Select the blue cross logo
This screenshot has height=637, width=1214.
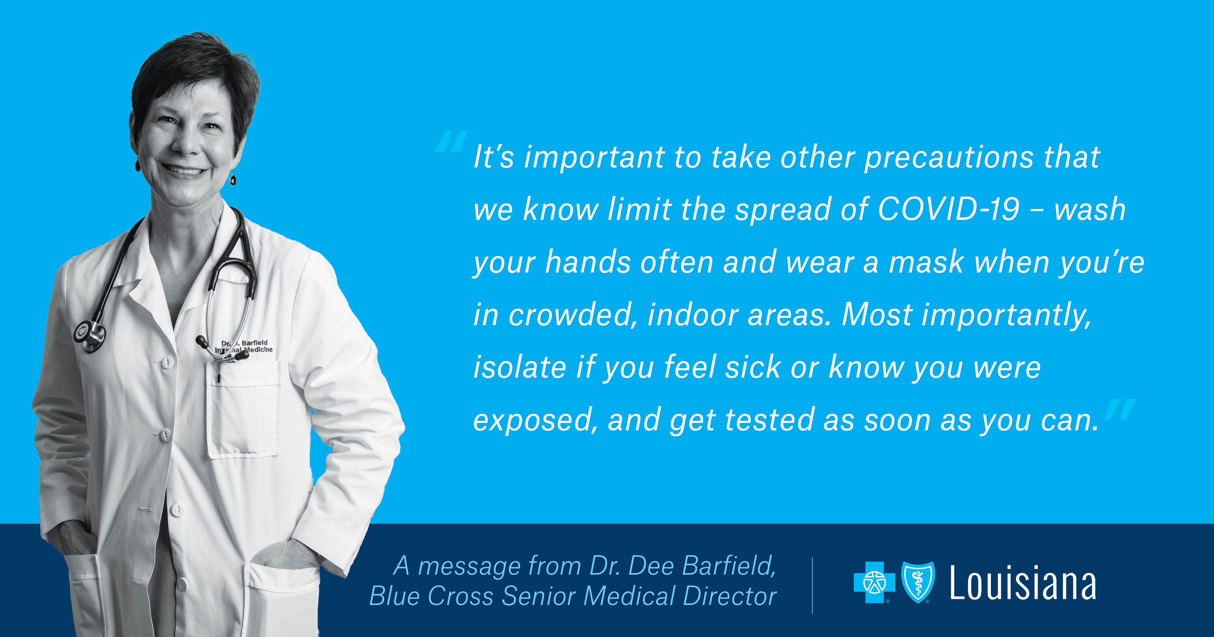[875, 582]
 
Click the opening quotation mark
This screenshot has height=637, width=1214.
[451, 141]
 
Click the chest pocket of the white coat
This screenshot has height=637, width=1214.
[243, 409]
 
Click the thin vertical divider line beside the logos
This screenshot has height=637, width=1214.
[812, 585]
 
